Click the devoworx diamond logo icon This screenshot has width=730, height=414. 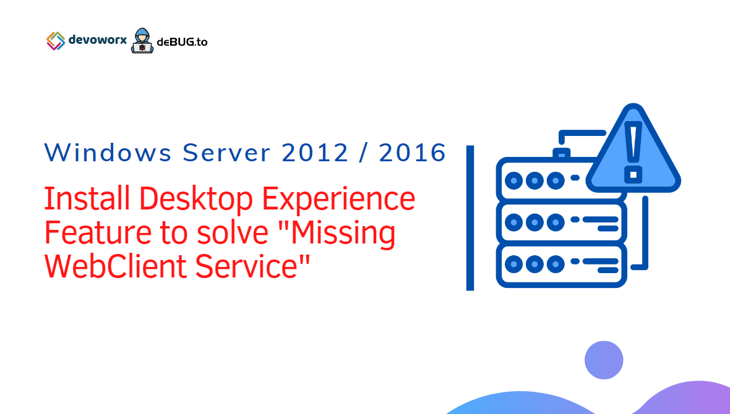pyautogui.click(x=56, y=41)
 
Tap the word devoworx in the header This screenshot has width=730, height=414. pyautogui.click(x=97, y=41)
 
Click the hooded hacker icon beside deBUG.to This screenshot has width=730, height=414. pyautogui.click(x=142, y=41)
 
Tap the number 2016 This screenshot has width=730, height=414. pyautogui.click(x=413, y=153)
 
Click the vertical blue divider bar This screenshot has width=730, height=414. pyautogui.click(x=470, y=218)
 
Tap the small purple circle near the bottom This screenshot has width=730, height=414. pyautogui.click(x=604, y=360)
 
